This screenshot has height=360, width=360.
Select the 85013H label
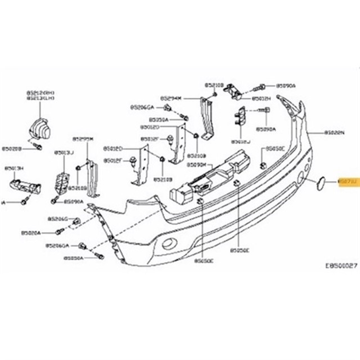click(14, 168)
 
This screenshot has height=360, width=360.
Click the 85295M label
click(83, 138)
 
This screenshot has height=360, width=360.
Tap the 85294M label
click(170, 97)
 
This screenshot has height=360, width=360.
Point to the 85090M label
click(196, 165)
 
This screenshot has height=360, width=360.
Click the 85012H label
click(262, 98)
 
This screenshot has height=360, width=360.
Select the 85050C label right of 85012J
click(275, 149)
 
